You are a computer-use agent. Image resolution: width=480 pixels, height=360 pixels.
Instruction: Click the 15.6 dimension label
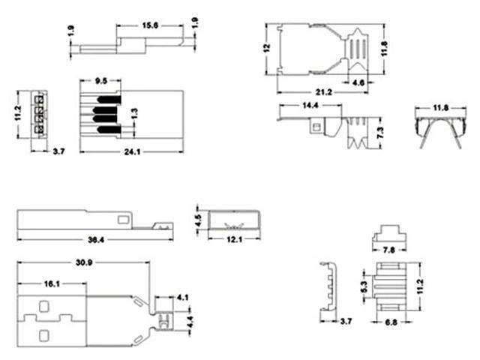point(151,26)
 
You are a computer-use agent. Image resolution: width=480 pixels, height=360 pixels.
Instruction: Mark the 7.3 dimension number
point(383,133)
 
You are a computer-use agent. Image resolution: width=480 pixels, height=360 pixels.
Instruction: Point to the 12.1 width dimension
point(233,240)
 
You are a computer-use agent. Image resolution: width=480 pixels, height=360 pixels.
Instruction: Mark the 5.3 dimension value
point(362,286)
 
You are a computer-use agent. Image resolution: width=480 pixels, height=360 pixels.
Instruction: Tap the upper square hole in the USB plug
point(44,307)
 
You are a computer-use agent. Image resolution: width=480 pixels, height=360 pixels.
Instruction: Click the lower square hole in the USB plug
point(44,334)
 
